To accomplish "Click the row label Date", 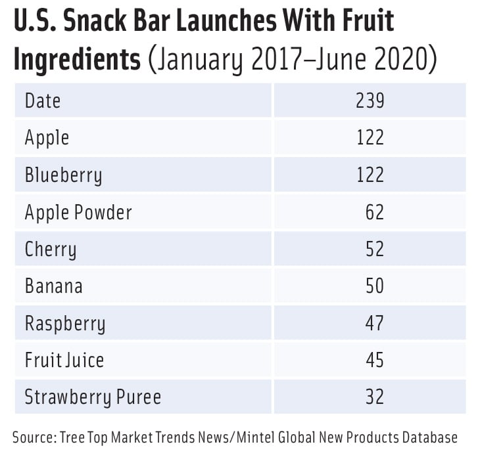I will coord(43,100).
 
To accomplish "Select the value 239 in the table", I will coord(370,100).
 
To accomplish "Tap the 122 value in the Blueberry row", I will coord(370,175).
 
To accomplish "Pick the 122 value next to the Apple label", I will coord(370,137).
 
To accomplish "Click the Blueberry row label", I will coord(63,175).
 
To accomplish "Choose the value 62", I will coord(375,212).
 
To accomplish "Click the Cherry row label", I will coord(51,250).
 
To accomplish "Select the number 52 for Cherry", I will coord(375,250).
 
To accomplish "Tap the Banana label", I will coord(54,286).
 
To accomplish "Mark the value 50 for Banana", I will coord(375,286).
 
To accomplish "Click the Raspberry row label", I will coord(64,324).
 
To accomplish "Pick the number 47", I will coord(375,324).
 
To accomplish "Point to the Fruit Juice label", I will coord(64,360).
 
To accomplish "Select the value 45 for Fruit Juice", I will coord(375,360).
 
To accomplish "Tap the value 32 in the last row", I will coord(375,397).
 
